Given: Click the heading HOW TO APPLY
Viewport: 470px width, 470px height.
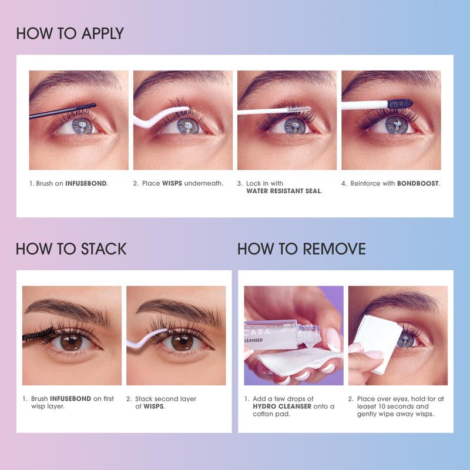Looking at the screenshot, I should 70,33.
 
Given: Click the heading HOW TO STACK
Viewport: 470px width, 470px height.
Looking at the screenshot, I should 71,249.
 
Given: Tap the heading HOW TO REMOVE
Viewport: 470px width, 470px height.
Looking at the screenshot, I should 301,249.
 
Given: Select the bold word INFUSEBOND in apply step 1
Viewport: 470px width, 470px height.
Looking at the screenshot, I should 86,183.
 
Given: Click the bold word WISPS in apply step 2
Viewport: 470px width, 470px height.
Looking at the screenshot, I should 172,183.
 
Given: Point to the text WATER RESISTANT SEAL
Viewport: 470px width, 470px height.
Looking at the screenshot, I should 284,191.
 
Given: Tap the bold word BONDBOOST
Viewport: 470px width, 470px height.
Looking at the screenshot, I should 418,183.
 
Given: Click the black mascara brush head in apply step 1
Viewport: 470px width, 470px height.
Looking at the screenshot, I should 82,106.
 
